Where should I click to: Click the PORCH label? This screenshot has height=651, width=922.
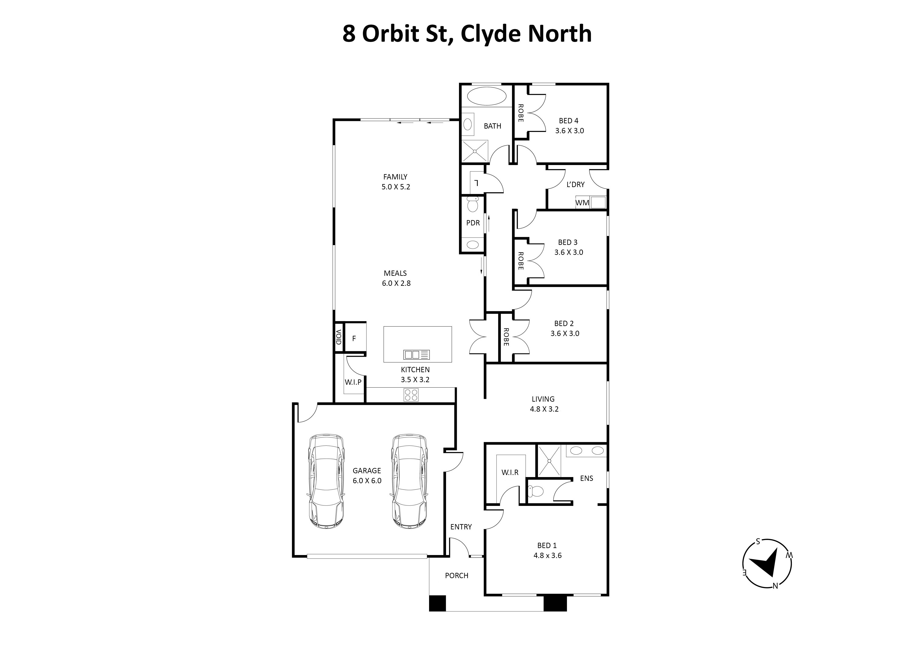click(x=457, y=576)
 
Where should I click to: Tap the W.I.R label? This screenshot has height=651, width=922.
click(x=510, y=472)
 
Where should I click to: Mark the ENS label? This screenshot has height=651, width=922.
click(x=586, y=478)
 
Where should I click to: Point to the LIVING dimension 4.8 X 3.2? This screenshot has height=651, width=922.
click(x=544, y=409)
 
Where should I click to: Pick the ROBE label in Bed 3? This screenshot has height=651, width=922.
click(x=520, y=261)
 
